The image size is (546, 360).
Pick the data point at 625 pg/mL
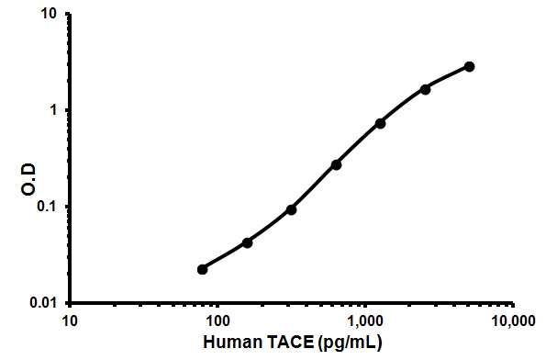coord(336,164)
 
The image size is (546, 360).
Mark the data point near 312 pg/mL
coord(291,209)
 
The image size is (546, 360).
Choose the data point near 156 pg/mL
coord(247,242)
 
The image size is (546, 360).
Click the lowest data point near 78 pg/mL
coord(202,269)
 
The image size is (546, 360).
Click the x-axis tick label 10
coord(69,321)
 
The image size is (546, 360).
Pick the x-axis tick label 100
coord(217,321)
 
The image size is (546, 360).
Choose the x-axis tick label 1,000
coord(365,321)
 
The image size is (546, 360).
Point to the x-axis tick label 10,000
coord(512,321)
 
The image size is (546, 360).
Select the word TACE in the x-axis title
coord(287,343)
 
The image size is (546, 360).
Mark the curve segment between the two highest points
coord(448,77)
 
